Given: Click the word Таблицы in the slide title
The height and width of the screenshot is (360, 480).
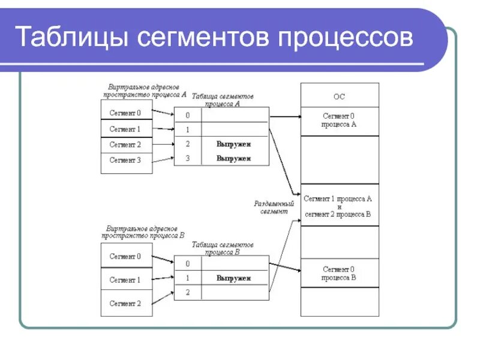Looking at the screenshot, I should click(x=71, y=38).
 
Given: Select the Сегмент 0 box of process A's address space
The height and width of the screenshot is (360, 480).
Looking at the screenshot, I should click(x=125, y=113).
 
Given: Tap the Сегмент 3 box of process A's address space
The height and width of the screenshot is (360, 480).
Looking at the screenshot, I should click(x=125, y=160).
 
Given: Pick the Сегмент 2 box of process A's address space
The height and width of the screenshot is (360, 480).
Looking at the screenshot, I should click(x=125, y=145).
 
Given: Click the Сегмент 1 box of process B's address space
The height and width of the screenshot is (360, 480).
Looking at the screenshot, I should click(x=125, y=280).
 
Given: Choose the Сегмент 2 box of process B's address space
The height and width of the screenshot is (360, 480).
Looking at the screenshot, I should click(x=125, y=304).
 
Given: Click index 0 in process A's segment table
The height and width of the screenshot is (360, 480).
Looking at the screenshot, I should click(x=187, y=115).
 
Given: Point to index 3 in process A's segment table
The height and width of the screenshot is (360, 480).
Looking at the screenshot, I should click(x=187, y=158).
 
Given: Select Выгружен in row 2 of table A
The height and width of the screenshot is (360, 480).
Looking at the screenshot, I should click(x=233, y=144).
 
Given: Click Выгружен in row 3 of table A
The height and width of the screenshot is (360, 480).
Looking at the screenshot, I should click(x=233, y=158).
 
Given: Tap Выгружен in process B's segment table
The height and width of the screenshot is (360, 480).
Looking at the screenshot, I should click(x=233, y=278).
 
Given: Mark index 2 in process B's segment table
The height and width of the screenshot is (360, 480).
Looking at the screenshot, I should click(x=187, y=292).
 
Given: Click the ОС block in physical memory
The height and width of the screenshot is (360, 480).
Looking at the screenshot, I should click(x=339, y=96).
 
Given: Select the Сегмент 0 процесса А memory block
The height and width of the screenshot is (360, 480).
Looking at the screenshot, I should click(x=339, y=120).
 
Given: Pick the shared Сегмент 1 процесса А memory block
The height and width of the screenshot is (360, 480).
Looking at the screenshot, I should click(x=339, y=206).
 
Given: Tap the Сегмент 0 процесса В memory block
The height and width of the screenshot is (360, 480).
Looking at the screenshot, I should click(x=339, y=273).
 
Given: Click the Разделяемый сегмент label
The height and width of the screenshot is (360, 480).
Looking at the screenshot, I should click(x=274, y=208).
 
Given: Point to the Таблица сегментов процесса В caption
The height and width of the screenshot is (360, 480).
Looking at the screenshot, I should click(x=223, y=248).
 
